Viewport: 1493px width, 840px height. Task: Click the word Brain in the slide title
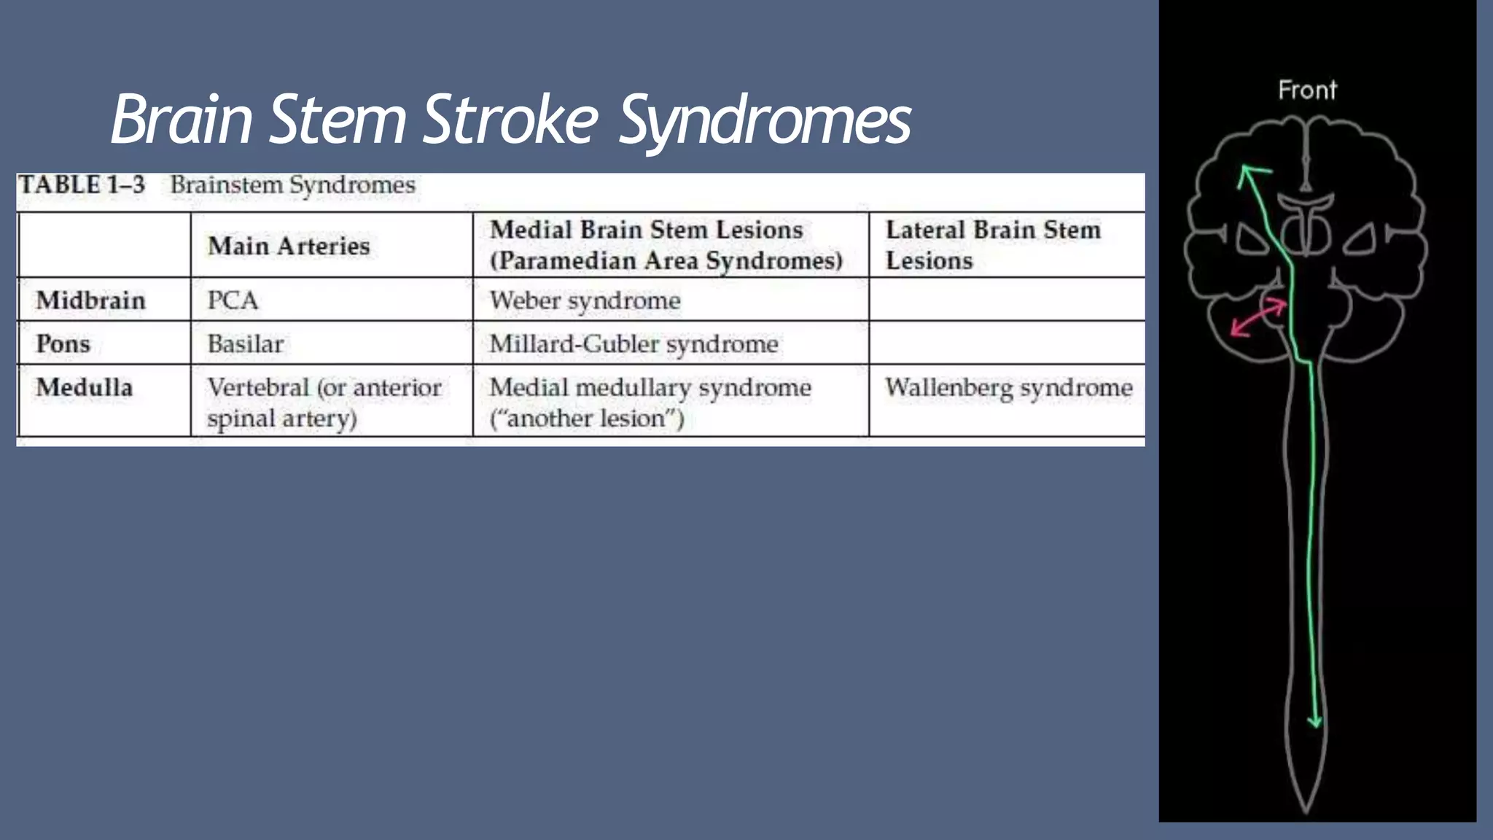coord(182,120)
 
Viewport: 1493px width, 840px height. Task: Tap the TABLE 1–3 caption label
coord(82,185)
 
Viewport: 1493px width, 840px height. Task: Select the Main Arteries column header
coord(289,246)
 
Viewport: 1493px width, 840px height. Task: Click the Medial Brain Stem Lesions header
coord(666,245)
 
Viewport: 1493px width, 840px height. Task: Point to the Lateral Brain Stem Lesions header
coord(992,245)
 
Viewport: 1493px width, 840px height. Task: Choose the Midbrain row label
coord(91,300)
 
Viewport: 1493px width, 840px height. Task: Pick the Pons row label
coord(63,343)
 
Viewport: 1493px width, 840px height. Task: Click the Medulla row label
coord(85,387)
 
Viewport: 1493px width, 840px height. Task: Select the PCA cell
coord(233,300)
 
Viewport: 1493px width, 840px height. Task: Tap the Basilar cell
coord(245,343)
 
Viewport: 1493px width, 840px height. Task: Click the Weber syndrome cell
coord(585,300)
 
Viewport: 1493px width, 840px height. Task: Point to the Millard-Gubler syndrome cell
coord(634,343)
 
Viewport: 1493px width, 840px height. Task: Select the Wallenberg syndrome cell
coord(1008,387)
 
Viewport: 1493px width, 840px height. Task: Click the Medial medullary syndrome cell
coord(650,402)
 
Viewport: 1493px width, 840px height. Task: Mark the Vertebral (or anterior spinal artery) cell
coord(324,402)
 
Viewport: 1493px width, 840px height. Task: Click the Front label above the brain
coord(1307,90)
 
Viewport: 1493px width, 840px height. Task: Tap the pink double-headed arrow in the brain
coord(1258,319)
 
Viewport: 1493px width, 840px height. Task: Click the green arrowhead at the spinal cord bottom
coord(1315,721)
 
